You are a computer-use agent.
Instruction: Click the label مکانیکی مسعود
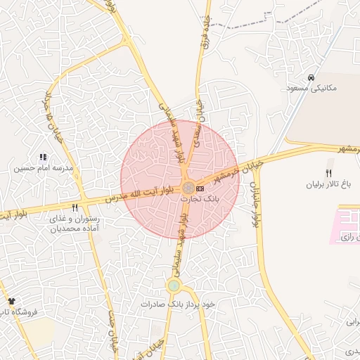tap(311, 88)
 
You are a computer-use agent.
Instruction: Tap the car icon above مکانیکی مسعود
tap(311, 77)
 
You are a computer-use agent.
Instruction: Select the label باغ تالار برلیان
tap(327, 185)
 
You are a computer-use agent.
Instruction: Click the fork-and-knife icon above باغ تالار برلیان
tap(328, 174)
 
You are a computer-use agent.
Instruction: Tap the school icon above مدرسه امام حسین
tap(43, 157)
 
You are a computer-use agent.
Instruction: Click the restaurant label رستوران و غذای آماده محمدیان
tap(73, 224)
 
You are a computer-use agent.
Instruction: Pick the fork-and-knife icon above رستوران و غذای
tap(75, 207)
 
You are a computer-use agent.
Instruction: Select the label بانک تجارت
tap(200, 199)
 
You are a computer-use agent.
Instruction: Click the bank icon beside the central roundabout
tap(200, 188)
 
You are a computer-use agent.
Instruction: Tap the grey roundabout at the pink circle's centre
tap(188, 188)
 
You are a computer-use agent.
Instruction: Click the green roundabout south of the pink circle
tap(174, 285)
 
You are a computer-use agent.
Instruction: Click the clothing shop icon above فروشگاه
tap(11, 301)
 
